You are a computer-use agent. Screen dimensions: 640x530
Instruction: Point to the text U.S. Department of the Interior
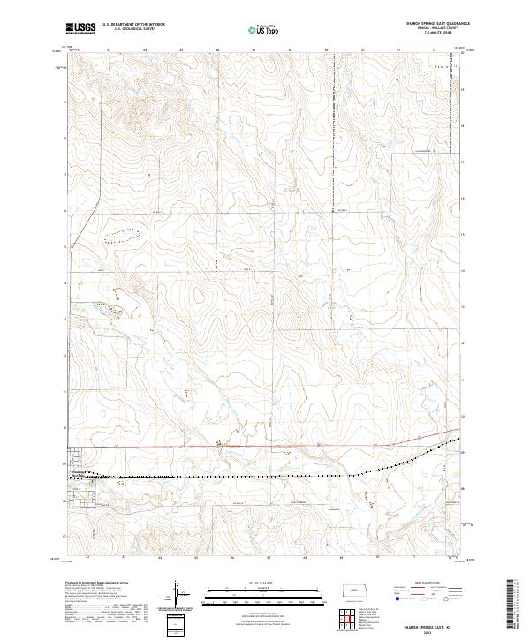(x=134, y=25)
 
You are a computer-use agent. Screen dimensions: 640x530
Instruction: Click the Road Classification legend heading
(x=427, y=584)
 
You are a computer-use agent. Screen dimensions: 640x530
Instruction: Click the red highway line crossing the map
(x=265, y=447)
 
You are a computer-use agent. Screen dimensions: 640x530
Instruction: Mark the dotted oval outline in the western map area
(x=123, y=235)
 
